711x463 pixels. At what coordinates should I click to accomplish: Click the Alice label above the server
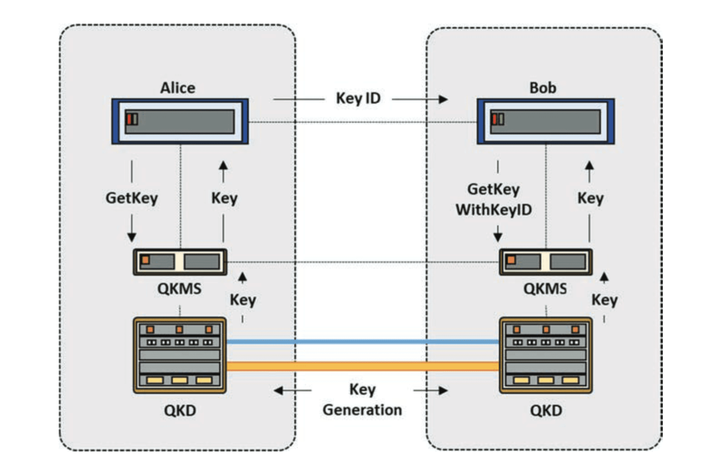177,88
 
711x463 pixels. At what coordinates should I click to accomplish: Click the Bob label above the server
542,88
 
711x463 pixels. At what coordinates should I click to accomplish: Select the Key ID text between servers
358,99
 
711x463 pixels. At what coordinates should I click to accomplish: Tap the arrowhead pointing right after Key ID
443,99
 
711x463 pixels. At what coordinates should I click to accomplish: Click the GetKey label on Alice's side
132,198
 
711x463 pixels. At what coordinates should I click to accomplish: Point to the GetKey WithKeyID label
493,200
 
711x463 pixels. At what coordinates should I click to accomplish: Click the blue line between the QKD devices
363,342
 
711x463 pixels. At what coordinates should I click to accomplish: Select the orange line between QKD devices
363,366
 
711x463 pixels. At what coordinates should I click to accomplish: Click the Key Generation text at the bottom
362,400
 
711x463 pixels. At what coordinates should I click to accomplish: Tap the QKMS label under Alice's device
179,289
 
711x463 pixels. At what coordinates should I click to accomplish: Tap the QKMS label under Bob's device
545,289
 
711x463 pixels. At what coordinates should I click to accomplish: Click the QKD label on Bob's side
546,411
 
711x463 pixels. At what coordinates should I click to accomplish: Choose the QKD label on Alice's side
180,411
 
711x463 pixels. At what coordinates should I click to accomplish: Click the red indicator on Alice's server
129,119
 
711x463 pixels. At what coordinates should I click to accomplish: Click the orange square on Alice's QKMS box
145,260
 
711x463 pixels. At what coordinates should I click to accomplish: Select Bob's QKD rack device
546,355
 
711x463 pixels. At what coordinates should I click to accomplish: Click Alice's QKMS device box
180,262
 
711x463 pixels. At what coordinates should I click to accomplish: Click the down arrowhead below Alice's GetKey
132,237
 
